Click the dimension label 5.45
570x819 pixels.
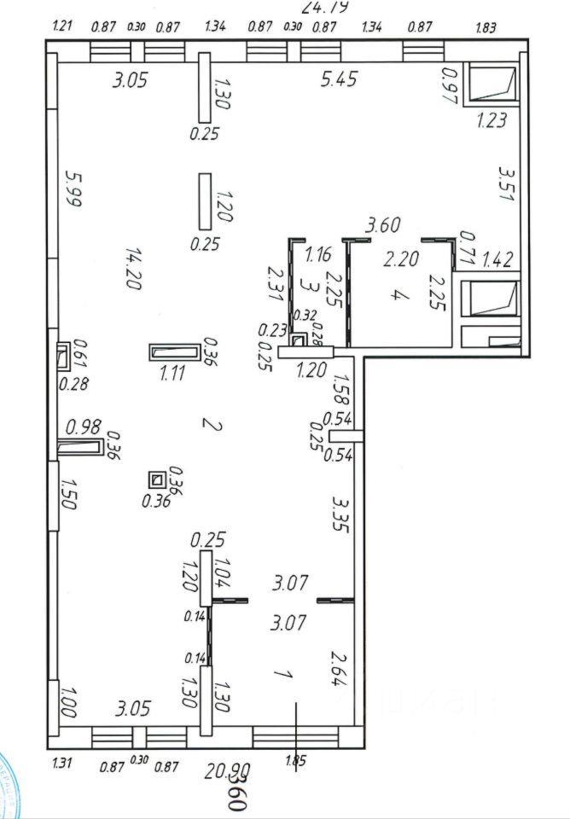339,81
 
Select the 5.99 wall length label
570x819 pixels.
73,189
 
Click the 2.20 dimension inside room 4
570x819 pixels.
401,258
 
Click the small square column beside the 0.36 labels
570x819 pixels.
156,480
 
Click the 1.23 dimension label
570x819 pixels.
491,121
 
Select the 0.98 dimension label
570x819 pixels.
84,426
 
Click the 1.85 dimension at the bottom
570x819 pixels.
296,762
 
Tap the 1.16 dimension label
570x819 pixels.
317,253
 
